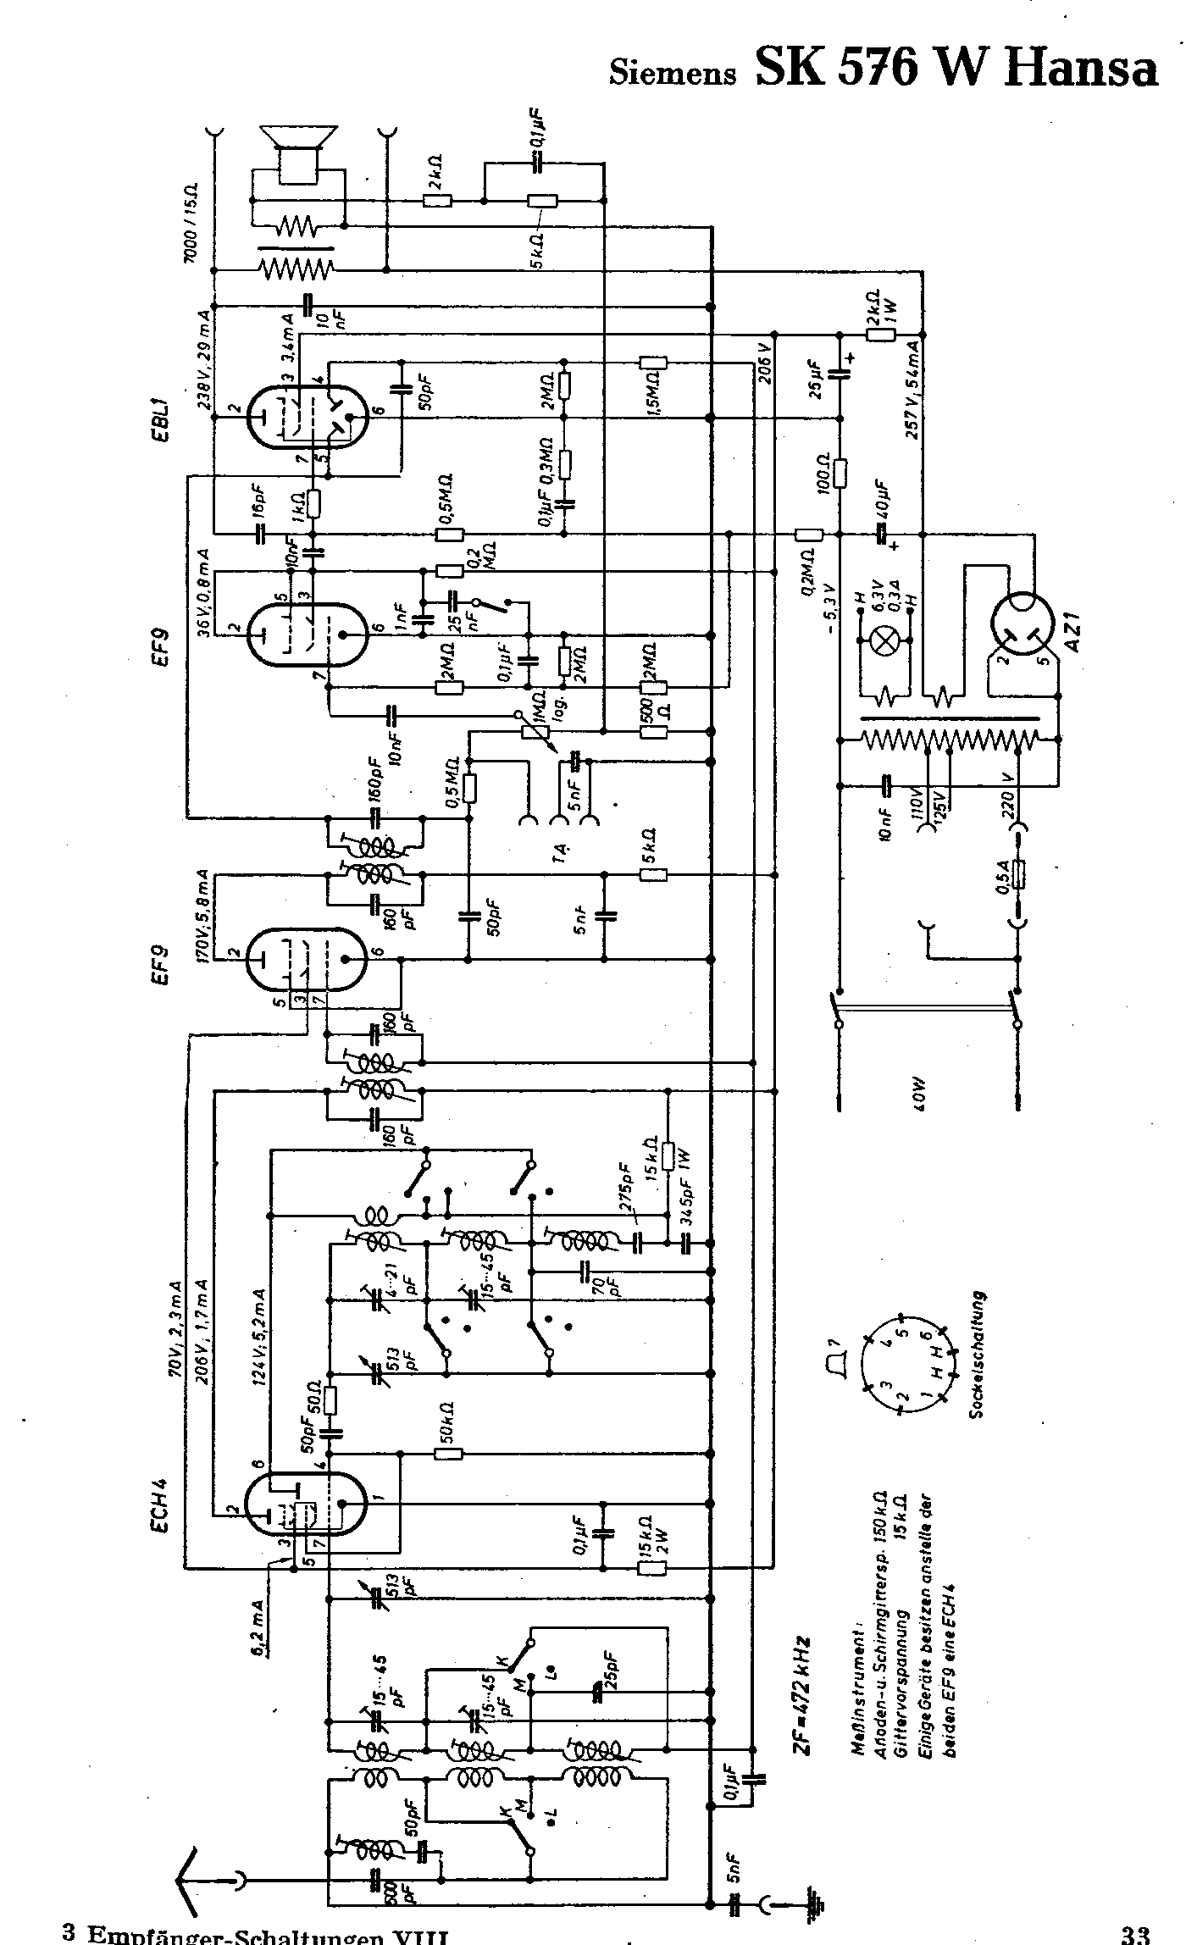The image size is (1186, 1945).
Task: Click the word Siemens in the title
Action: click(x=673, y=74)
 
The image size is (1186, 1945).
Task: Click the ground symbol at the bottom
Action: click(x=817, y=1903)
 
